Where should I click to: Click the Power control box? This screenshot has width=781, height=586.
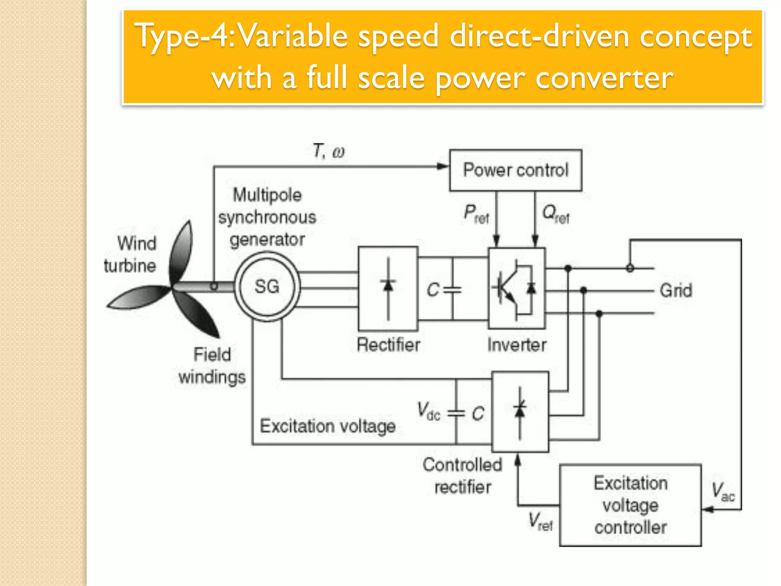(x=516, y=170)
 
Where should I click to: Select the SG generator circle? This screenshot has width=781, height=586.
(x=267, y=287)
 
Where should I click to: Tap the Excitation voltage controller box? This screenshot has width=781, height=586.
(x=630, y=505)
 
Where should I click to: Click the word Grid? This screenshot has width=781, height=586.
(x=676, y=290)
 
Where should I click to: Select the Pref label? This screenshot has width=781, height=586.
(x=476, y=214)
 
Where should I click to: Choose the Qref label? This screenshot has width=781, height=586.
(x=556, y=214)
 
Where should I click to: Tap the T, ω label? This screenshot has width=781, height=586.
(x=328, y=151)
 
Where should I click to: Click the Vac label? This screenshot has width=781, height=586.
(x=723, y=491)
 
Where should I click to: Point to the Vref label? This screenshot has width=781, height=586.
(x=540, y=521)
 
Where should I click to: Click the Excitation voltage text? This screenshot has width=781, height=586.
(x=328, y=426)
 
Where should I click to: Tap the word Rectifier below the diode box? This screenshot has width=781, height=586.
(x=388, y=345)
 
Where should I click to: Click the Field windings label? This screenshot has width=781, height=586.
(x=212, y=365)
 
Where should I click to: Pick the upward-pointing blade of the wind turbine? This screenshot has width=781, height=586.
(x=182, y=252)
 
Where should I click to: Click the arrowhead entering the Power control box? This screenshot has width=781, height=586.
(x=443, y=166)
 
